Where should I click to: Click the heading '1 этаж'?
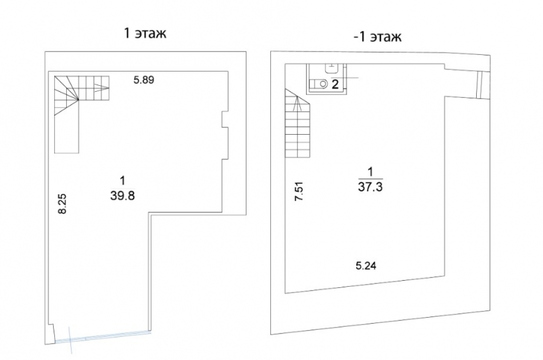point(145,33)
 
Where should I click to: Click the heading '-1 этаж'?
point(377,36)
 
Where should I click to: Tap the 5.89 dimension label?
point(144,80)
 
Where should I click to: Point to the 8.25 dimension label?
point(62,204)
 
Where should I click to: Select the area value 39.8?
point(123,196)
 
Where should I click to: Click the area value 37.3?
point(370,187)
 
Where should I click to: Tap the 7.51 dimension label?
point(299,192)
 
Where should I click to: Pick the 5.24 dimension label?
point(366,266)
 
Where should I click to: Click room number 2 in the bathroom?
point(335,84)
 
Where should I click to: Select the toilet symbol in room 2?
point(319,84)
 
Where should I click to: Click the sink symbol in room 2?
point(332,68)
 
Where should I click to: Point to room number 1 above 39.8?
point(122,181)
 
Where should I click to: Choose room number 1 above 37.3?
point(370,172)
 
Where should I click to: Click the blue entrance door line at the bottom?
point(103,336)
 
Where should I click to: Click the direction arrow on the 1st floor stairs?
point(100,88)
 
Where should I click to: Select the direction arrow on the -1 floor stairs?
point(295,103)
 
